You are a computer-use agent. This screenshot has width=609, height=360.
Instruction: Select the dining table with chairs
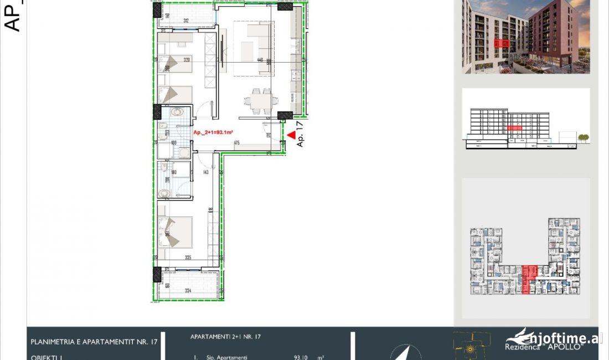click(259, 100)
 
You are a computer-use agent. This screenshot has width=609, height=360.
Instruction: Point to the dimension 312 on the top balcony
click(186, 21)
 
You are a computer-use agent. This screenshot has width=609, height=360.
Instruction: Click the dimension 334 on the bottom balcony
click(188, 291)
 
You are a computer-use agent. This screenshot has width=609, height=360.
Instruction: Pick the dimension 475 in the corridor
click(236, 143)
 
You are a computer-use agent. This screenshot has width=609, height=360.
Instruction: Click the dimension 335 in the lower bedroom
click(188, 258)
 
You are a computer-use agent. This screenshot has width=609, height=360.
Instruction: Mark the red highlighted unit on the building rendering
click(502, 43)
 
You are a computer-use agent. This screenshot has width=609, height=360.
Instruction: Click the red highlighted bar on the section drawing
click(514, 128)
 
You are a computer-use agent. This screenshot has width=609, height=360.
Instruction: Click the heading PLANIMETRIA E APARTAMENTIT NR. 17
click(94, 342)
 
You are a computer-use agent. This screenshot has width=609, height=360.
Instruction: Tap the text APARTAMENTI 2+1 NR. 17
click(225, 336)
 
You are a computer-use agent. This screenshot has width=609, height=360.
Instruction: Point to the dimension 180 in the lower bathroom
click(173, 172)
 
